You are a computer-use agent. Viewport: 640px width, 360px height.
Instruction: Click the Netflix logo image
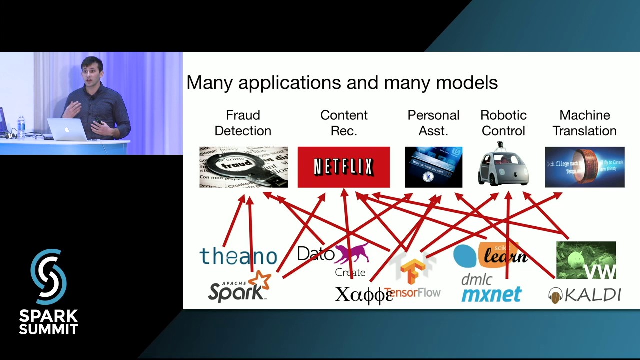[343, 167]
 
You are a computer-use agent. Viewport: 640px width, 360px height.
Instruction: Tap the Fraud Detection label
[243, 123]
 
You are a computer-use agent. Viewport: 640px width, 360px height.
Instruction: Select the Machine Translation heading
[584, 123]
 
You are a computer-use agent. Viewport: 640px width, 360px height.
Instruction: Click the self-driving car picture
[503, 166]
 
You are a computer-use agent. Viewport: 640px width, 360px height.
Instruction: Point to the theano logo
[238, 256]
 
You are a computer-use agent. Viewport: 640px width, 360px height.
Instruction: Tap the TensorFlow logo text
[413, 292]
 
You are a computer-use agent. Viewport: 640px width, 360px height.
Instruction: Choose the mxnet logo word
[491, 294]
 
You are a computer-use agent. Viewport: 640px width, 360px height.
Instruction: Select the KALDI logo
[584, 295]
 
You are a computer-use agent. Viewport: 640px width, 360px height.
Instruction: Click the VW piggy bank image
[586, 260]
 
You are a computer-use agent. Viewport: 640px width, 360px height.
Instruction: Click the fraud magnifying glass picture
[243, 167]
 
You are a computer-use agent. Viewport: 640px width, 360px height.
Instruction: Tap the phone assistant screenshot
[433, 167]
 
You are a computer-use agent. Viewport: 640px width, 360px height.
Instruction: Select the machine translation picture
[584, 167]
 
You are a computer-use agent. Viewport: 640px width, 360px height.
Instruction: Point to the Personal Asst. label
[433, 123]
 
